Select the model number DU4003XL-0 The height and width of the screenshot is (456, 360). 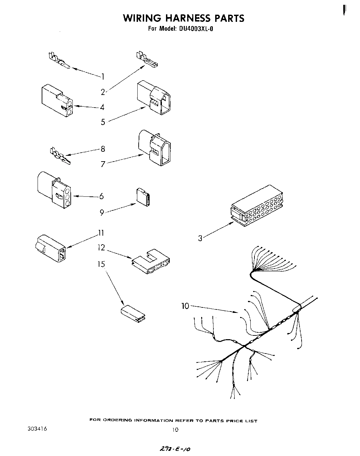pos(196,29)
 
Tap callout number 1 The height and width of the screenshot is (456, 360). pos(102,77)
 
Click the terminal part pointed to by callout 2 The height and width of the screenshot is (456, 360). pos(147,59)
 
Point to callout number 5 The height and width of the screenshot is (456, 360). pos(103,122)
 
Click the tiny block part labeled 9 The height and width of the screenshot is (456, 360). pos(143,197)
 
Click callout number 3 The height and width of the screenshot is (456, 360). pos(200,238)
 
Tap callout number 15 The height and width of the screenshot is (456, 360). pos(101,264)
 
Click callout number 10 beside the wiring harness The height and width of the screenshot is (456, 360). pos(185,306)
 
